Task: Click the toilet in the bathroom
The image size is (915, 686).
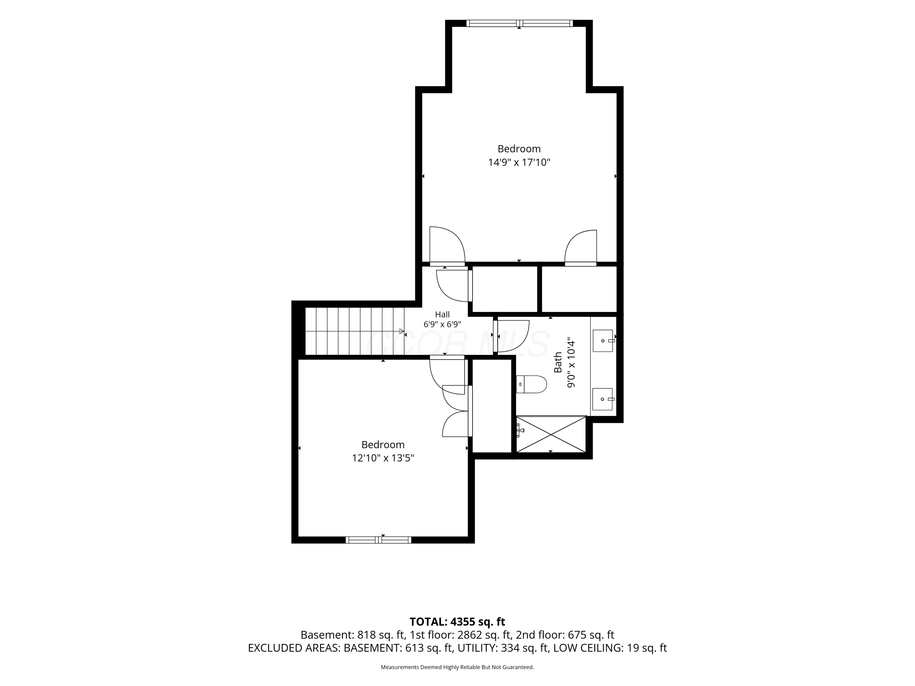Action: tap(532, 384)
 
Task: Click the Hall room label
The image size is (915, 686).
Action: tap(442, 315)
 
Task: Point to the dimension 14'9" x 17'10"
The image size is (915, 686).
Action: tap(519, 163)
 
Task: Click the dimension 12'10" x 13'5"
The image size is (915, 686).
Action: tap(383, 458)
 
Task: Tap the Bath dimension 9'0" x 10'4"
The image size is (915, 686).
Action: tap(571, 362)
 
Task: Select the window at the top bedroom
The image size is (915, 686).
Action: tap(519, 23)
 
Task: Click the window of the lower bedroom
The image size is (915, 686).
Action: tap(379, 540)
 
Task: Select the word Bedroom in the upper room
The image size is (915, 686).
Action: tap(519, 149)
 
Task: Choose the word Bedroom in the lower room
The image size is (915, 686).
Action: tap(383, 445)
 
